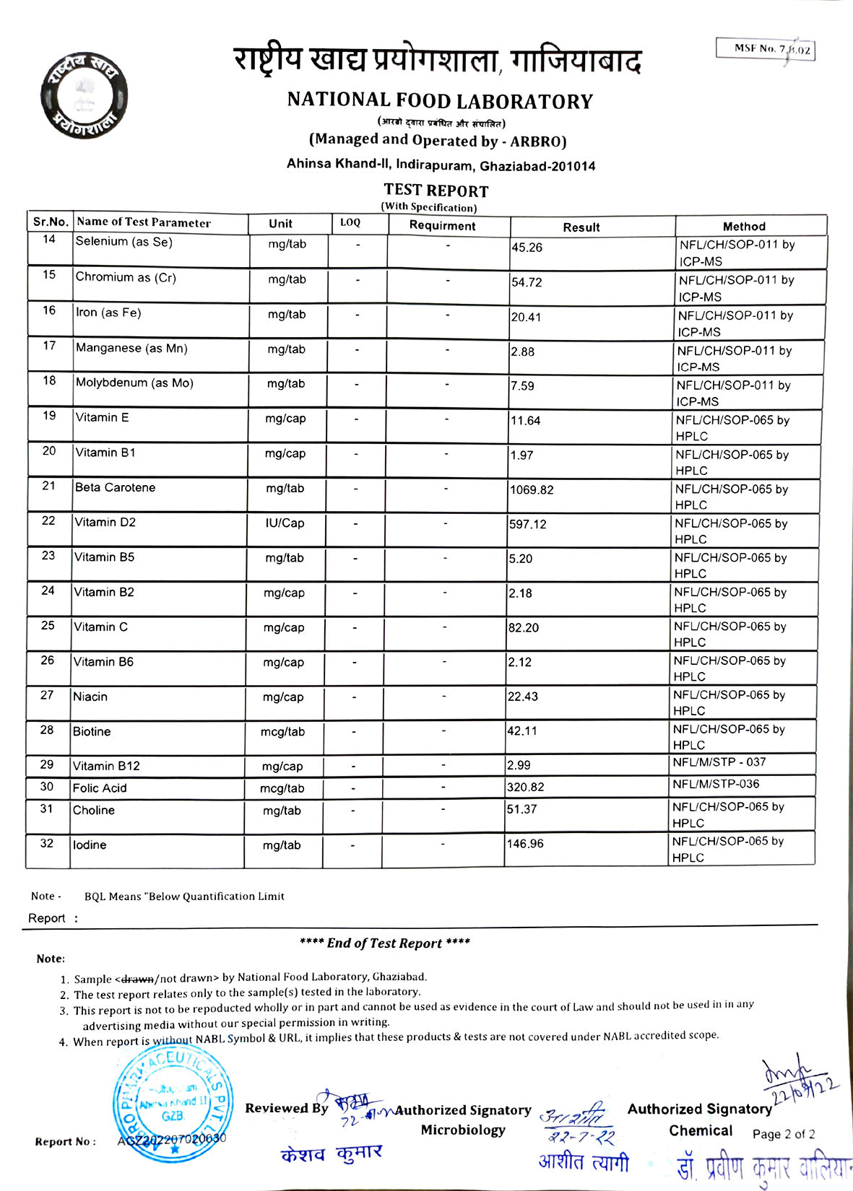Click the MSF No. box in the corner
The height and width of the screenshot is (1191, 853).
click(766, 49)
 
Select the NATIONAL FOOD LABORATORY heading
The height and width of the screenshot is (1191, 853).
click(440, 100)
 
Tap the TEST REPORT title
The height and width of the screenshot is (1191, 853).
click(436, 191)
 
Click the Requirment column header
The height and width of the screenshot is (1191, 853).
click(442, 225)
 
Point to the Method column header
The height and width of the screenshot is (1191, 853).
click(743, 226)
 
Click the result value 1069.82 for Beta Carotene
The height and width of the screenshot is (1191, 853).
click(532, 490)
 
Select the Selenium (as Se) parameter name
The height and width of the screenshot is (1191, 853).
click(124, 242)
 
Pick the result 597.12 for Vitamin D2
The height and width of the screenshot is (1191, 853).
click(528, 525)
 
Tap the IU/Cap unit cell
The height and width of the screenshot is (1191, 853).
click(285, 523)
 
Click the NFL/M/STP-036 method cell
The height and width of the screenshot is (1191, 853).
click(716, 784)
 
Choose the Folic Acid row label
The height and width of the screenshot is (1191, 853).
click(100, 788)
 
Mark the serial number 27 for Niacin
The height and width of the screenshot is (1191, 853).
click(47, 695)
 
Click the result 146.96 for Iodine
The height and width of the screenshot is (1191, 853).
click(525, 844)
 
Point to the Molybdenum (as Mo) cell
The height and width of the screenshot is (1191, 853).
click(134, 383)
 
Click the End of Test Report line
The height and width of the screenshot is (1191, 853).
click(384, 943)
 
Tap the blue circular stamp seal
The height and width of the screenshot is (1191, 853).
click(173, 1103)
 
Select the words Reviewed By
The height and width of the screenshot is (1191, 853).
click(286, 1108)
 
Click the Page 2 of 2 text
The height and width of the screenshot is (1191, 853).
click(783, 1134)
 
